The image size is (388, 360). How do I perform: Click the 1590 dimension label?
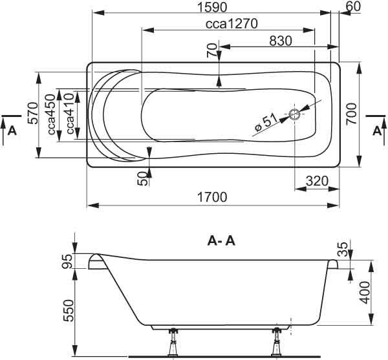click(212, 7)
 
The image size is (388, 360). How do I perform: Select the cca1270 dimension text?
click(232, 24)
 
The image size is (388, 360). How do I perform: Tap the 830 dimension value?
click(281, 41)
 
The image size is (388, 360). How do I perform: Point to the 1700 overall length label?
click(212, 197)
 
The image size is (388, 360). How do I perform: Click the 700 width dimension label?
click(351, 114)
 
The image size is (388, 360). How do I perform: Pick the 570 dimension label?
click(33, 113)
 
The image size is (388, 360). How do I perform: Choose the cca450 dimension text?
click(51, 114)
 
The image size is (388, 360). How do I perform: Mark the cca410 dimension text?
click(70, 114)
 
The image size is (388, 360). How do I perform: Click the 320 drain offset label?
click(317, 181)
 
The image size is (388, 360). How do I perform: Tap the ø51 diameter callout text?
click(266, 122)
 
